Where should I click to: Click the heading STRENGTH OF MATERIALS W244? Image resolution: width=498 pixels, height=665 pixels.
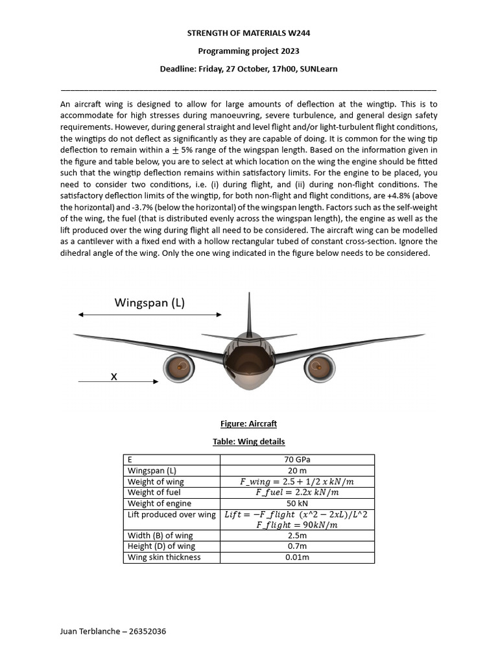pos(248,32)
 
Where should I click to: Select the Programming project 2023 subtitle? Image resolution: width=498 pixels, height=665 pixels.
pos(248,51)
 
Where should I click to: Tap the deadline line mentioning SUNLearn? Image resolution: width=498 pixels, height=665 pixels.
pos(248,69)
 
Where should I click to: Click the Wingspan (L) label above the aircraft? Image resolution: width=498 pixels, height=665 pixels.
pos(149,303)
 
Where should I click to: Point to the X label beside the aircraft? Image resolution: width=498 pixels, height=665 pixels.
pos(114,376)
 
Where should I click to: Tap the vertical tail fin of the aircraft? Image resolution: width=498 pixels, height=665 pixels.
pos(248,315)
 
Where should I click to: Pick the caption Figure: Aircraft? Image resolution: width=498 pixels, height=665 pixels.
pos(248,423)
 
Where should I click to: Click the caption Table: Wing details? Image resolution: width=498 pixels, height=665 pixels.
pos(248,442)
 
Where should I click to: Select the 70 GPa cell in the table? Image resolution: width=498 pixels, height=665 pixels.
pos(297,460)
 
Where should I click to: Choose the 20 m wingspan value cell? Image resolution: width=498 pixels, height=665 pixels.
pos(297,471)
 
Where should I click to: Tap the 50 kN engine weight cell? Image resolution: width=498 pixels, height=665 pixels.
pos(297,503)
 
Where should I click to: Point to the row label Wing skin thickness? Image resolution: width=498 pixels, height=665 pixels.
pos(164,557)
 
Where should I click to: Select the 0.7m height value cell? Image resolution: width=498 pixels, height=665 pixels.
pos(297,546)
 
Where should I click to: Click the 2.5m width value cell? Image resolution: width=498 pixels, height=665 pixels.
pos(297,536)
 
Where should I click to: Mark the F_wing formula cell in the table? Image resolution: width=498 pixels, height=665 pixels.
pos(297,482)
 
